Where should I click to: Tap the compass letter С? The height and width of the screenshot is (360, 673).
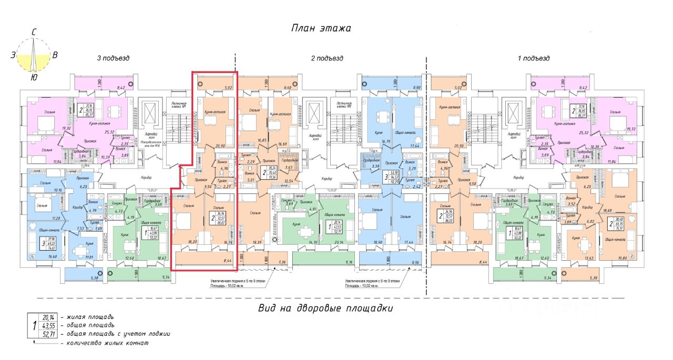[x=34, y=33]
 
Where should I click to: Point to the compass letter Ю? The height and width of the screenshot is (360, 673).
[x=34, y=77]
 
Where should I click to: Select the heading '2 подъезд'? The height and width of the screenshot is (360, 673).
[x=327, y=58]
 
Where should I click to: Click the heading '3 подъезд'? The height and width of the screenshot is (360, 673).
[x=113, y=58]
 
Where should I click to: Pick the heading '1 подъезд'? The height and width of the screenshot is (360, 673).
[x=534, y=58]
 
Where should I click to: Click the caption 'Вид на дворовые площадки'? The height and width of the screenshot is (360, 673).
[x=326, y=308]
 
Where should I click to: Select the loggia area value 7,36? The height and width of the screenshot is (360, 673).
[x=281, y=261]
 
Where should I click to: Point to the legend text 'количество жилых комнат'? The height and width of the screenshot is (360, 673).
[x=105, y=343]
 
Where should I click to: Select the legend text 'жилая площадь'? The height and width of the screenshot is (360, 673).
[x=87, y=317]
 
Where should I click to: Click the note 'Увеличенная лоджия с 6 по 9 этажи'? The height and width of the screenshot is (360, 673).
[x=372, y=281]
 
